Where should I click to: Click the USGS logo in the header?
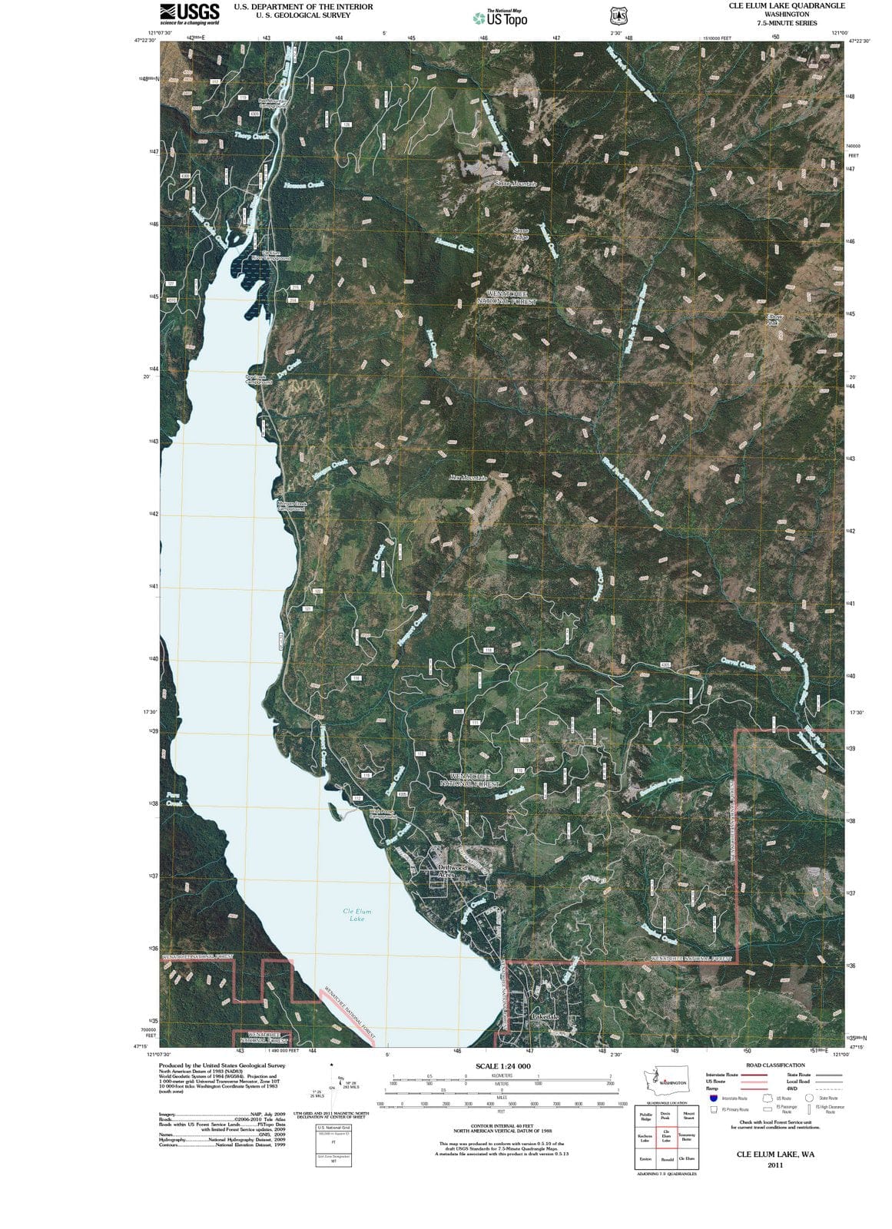[189, 13]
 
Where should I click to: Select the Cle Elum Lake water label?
[357, 914]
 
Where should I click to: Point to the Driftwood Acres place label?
[452, 871]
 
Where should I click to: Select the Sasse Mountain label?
[515, 184]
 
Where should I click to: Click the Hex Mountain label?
[468, 478]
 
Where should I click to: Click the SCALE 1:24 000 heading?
[502, 1066]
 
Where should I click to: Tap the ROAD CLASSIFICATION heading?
[775, 1065]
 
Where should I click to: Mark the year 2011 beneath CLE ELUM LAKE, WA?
[775, 1165]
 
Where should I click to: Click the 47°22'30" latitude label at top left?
[146, 41]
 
